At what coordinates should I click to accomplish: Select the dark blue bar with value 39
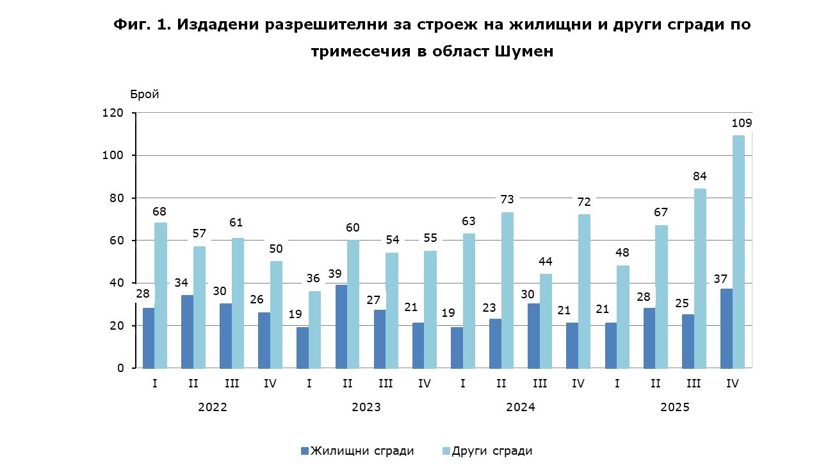point(341,326)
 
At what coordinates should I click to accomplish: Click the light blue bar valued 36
point(315,330)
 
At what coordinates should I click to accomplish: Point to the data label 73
point(507,199)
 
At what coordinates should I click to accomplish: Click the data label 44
point(546,261)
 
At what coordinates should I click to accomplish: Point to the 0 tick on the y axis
point(120,368)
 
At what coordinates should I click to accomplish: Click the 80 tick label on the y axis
point(115,198)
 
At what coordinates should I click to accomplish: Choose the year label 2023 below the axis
point(366,407)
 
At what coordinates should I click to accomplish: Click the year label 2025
point(674,407)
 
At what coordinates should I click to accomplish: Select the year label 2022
point(213,407)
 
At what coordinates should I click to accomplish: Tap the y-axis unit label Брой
point(145,94)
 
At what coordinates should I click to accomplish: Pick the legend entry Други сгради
point(492,451)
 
